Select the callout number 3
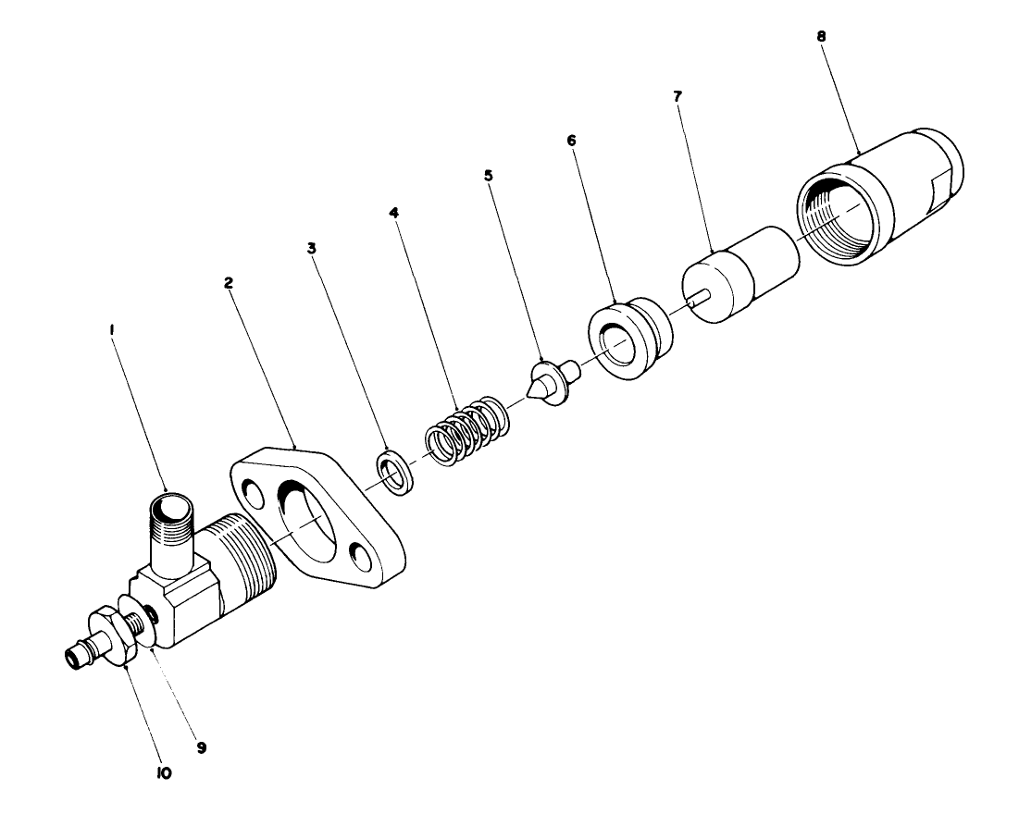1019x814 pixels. coord(313,249)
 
